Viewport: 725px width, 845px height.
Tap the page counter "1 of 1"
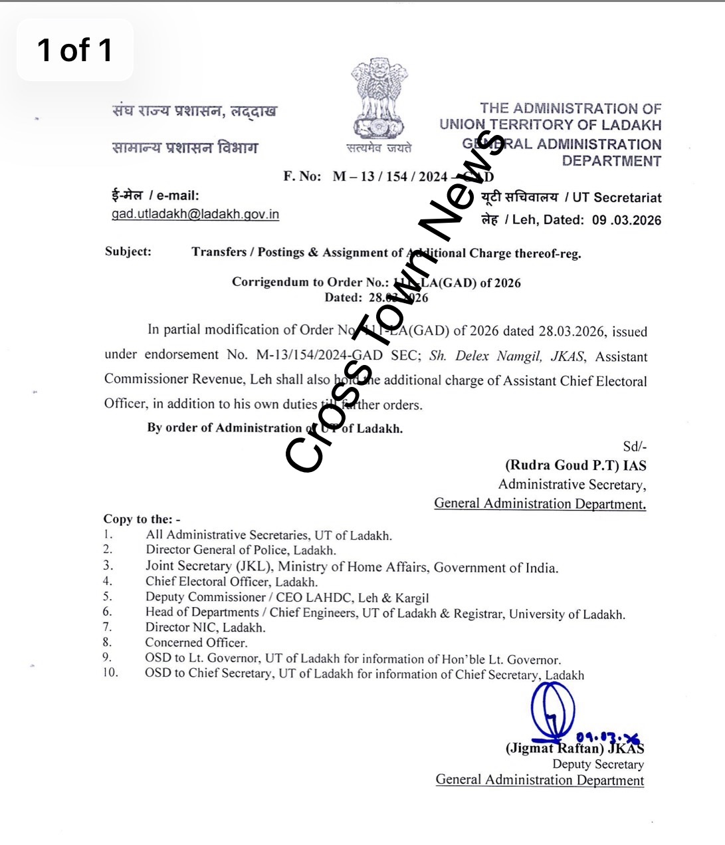(x=74, y=51)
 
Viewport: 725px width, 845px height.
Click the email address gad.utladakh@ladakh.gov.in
(x=195, y=214)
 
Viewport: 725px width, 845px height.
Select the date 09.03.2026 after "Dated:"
(x=626, y=220)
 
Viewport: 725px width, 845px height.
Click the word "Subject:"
(x=128, y=251)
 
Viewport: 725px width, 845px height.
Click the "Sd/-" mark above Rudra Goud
(x=634, y=447)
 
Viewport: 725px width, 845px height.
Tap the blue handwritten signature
(x=553, y=711)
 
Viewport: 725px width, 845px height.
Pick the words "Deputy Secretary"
(x=598, y=765)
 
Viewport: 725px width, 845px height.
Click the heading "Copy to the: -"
(x=142, y=519)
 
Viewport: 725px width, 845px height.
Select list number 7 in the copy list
(x=108, y=627)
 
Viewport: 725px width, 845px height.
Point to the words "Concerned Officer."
(x=196, y=643)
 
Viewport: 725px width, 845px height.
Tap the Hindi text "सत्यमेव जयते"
(x=378, y=148)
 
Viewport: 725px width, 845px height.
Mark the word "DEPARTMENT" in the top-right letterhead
(x=611, y=161)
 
